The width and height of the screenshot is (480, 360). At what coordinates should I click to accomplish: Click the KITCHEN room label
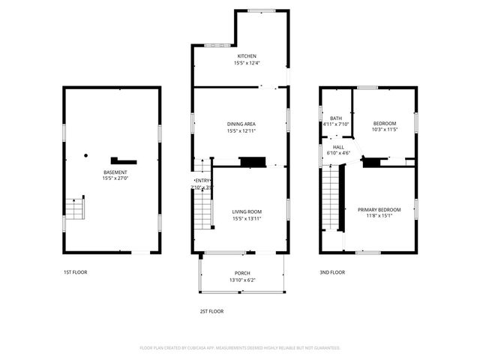pyautogui.click(x=247, y=56)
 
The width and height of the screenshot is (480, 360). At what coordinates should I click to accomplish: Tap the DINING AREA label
pyautogui.click(x=242, y=124)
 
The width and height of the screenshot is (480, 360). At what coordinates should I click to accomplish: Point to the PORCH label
pyautogui.click(x=242, y=273)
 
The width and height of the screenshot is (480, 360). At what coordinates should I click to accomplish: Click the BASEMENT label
pyautogui.click(x=115, y=172)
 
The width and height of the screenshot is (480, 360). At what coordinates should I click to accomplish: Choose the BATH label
pyautogui.click(x=336, y=118)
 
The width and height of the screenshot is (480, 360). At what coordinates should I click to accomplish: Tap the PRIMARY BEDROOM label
pyautogui.click(x=379, y=209)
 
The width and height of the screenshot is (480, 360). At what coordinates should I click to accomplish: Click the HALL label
pyautogui.click(x=338, y=147)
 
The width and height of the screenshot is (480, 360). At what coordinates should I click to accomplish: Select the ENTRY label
pyautogui.click(x=202, y=181)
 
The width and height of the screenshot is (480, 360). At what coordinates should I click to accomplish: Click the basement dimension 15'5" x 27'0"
pyautogui.click(x=115, y=178)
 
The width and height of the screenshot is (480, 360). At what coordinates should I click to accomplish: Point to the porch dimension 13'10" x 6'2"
pyautogui.click(x=242, y=280)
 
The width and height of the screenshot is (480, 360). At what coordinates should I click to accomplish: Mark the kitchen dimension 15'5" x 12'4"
pyautogui.click(x=247, y=63)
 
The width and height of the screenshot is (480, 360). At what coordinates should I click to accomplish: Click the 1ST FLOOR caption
pyautogui.click(x=75, y=272)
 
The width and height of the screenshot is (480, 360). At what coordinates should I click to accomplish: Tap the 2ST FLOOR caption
pyautogui.click(x=211, y=310)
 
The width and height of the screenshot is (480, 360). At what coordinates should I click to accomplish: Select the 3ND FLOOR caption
pyautogui.click(x=332, y=272)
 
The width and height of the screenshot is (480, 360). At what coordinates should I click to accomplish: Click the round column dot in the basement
pyautogui.click(x=86, y=156)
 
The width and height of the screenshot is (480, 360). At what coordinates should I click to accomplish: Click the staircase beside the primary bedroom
pyautogui.click(x=331, y=199)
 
